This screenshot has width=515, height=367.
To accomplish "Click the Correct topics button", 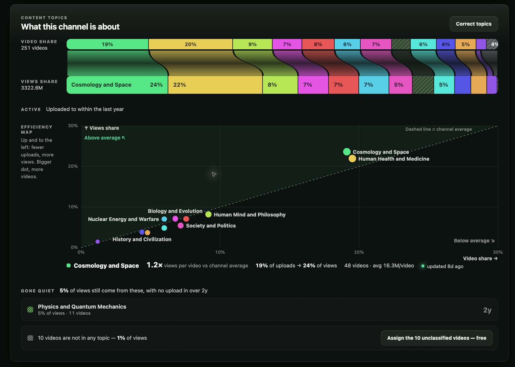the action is pos(474,24).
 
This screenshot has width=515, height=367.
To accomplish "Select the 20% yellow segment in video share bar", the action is pos(190,44).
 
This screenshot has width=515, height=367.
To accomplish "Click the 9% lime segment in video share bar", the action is pos(252,44).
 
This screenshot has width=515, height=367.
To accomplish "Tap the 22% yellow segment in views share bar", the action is pos(215,85).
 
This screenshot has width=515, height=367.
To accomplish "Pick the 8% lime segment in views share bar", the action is pos(280,85).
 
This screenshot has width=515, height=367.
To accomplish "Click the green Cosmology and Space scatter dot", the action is pos(347,152).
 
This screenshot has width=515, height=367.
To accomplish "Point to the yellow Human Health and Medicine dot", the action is pos(352,158).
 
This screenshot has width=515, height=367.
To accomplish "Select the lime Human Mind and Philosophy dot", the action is pos(208,214).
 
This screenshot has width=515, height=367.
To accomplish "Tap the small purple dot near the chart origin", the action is pos(98,242).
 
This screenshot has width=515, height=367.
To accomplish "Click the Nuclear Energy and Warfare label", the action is pos(123,219).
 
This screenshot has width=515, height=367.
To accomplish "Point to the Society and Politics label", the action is pos(211,226).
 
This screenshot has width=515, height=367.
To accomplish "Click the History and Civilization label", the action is pos(142,239).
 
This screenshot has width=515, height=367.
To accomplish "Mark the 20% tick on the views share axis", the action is pos(73,166).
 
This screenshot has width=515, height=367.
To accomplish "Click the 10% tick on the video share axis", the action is pos(220,252).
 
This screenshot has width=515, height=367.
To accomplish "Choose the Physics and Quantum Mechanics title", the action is pos(82,307).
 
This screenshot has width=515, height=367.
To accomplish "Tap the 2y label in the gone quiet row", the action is pos(487,310).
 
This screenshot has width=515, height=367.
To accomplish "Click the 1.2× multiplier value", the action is pos(155,265).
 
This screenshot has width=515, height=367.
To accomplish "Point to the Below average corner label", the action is pos(474,240).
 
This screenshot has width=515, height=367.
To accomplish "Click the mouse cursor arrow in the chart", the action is pos(214,174).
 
